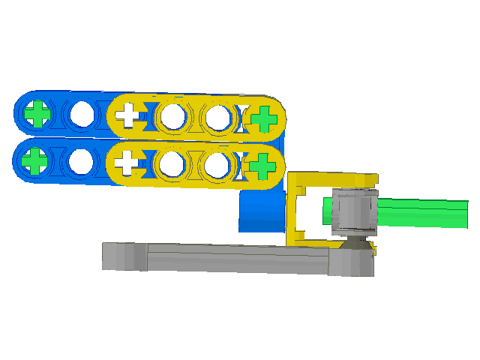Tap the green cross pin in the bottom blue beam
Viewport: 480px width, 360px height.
click(x=34, y=160)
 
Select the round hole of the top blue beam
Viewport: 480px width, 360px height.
click(x=82, y=114)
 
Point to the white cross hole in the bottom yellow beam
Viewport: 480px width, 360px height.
click(x=128, y=161)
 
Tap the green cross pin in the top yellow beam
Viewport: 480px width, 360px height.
click(x=263, y=118)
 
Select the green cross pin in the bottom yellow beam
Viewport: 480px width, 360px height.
click(x=262, y=164)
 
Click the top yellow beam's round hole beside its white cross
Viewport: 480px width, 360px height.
click(x=173, y=116)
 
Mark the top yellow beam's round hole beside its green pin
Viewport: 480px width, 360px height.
click(x=218, y=117)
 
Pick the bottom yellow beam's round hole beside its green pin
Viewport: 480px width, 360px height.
click(x=217, y=163)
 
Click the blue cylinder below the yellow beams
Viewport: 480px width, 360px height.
click(x=259, y=214)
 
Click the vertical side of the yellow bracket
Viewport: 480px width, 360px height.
click(x=292, y=210)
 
